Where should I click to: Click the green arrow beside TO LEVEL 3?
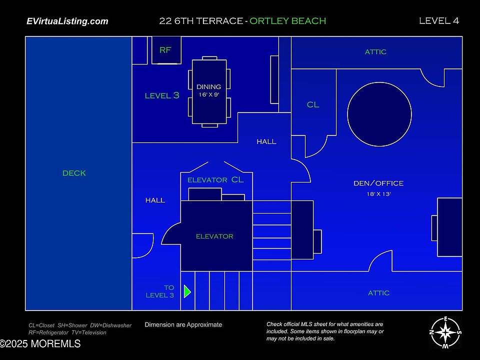(187, 291)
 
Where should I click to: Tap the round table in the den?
(379, 114)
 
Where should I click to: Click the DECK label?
(74, 173)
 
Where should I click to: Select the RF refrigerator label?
(165, 50)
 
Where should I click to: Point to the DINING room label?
(208, 87)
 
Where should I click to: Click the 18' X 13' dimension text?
(378, 194)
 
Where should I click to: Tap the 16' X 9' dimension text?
(209, 94)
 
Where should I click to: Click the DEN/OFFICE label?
(378, 183)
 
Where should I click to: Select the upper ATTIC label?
(375, 52)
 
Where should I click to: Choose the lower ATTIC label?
(378, 293)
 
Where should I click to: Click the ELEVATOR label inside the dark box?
(214, 236)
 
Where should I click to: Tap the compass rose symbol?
(445, 332)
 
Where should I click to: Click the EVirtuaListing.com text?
(67, 21)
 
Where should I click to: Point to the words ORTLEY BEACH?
(287, 21)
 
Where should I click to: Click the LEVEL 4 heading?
(439, 20)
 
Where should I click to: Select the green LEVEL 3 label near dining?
(162, 95)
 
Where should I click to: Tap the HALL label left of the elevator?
(155, 200)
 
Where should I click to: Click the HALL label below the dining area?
(266, 142)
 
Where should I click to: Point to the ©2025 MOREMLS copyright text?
(40, 344)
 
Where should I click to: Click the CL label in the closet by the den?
(313, 105)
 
